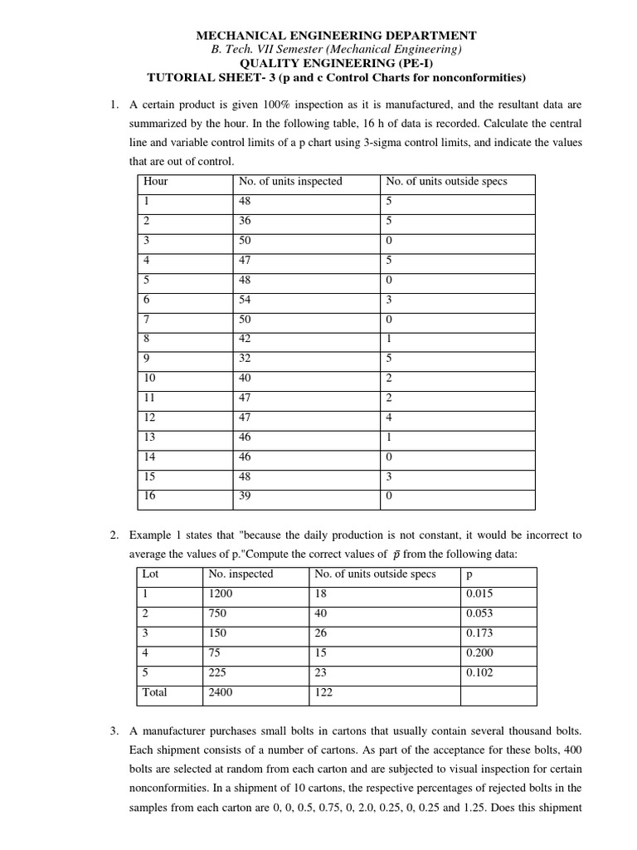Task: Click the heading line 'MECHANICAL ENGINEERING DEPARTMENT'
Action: pos(336,35)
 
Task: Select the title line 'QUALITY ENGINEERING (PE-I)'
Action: pos(336,63)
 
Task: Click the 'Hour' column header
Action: pos(155,181)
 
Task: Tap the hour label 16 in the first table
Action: pos(149,496)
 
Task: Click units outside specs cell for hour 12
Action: pos(389,418)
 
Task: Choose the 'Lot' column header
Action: pos(150,574)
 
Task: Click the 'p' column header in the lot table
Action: pos(470,574)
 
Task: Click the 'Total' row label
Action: pos(155,692)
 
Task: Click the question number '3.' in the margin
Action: pos(114,731)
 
